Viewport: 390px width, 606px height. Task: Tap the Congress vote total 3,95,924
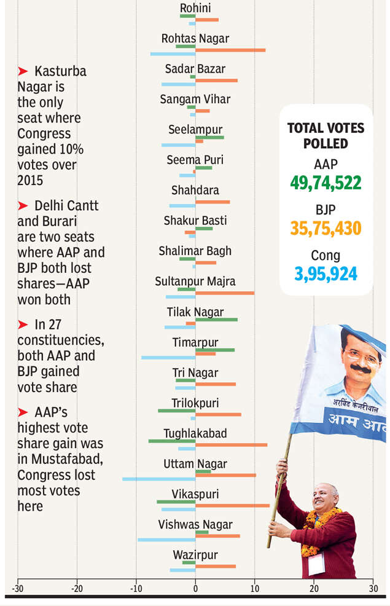point(326,273)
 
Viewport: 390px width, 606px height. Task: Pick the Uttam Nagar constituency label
point(195,464)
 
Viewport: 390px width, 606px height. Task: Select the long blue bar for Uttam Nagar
point(158,478)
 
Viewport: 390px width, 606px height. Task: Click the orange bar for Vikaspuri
point(232,505)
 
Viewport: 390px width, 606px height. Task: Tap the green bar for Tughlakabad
point(172,441)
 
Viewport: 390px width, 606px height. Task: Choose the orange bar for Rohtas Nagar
point(230,50)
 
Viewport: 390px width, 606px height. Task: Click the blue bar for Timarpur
point(168,357)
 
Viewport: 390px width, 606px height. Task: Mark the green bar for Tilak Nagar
point(216,319)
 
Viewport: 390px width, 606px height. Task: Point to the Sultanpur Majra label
point(195,281)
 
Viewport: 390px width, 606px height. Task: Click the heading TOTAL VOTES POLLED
point(326,135)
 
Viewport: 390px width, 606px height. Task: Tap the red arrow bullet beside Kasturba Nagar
point(23,71)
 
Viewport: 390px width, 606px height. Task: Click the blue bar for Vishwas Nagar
point(166,539)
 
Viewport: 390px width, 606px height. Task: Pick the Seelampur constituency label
point(195,130)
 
